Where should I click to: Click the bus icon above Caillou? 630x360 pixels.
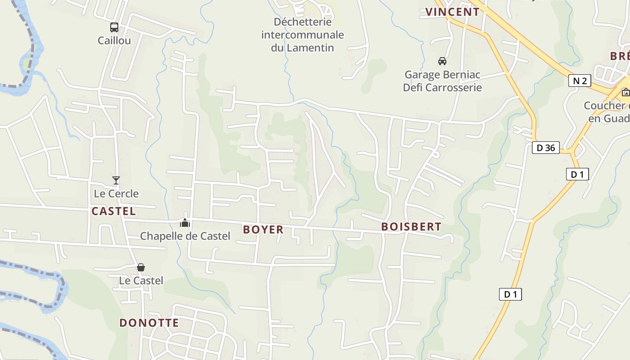pyautogui.click(x=114, y=27)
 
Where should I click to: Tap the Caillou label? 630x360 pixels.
pyautogui.click(x=114, y=40)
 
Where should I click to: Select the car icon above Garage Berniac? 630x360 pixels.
pyautogui.click(x=442, y=61)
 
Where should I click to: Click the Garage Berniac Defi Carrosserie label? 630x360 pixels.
pyautogui.click(x=442, y=81)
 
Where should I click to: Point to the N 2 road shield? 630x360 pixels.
pyautogui.click(x=580, y=81)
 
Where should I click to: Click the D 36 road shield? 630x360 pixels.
pyautogui.click(x=546, y=148)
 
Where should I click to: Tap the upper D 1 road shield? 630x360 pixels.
pyautogui.click(x=577, y=174)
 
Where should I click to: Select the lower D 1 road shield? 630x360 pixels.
pyautogui.click(x=510, y=295)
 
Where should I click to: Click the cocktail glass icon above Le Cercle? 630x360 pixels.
pyautogui.click(x=116, y=180)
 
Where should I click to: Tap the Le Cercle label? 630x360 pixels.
pyautogui.click(x=116, y=193)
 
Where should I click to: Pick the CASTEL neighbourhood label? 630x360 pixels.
pyautogui.click(x=113, y=211)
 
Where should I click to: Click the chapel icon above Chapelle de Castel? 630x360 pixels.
pyautogui.click(x=185, y=223)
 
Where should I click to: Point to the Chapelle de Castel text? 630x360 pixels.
pyautogui.click(x=185, y=236)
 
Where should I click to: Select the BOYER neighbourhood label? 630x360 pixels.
pyautogui.click(x=263, y=229)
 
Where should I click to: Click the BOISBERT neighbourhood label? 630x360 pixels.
pyautogui.click(x=411, y=227)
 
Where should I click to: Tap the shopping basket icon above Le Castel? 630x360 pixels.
pyautogui.click(x=141, y=267)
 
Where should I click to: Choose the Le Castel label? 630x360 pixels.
pyautogui.click(x=141, y=280)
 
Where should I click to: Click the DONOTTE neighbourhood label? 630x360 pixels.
pyautogui.click(x=149, y=323)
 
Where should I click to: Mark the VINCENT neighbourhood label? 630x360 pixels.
pyautogui.click(x=452, y=12)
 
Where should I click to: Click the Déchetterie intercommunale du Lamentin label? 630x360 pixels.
pyautogui.click(x=302, y=35)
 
